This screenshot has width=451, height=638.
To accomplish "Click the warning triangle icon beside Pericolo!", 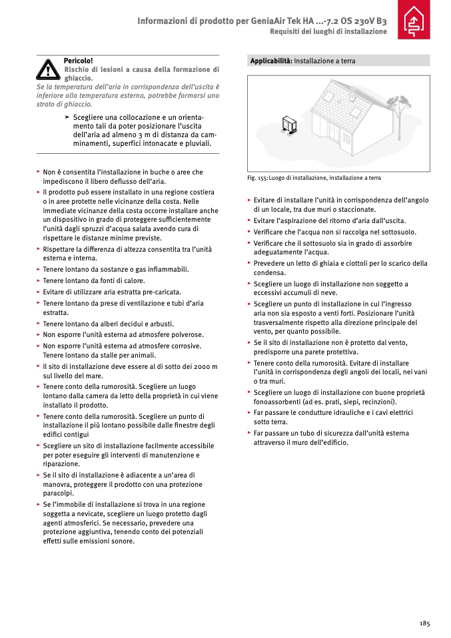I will click(48, 69).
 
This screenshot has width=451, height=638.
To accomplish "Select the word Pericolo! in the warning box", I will click(78, 61).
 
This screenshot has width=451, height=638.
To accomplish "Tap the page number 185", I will click(425, 623).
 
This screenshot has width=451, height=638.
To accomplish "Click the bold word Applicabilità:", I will click(271, 61).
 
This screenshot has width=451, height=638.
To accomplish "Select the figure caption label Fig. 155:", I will click(258, 178).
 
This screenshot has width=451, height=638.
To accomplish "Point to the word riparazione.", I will click(61, 464).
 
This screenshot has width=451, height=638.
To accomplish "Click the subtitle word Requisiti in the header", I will click(284, 32).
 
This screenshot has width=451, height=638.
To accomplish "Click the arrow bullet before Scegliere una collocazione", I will click(67, 117).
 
